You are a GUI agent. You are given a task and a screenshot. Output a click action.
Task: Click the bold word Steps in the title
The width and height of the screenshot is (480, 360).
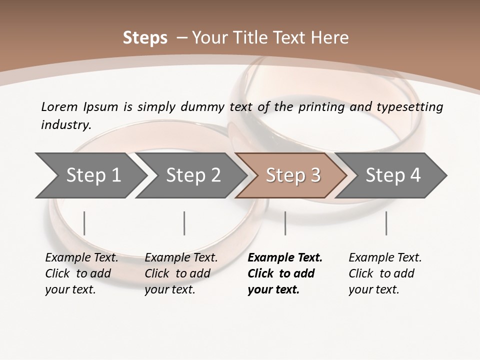(145, 38)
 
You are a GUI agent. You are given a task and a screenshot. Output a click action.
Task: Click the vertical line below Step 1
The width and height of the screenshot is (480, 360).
(84, 223)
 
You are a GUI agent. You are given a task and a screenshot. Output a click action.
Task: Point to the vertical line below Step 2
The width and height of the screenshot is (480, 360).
(184, 223)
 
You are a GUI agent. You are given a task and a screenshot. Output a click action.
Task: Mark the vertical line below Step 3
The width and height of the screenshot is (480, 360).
(285, 223)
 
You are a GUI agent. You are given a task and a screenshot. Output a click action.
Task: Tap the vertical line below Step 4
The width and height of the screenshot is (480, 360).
(386, 223)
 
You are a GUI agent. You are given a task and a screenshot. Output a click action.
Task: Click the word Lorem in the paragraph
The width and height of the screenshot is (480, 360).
(59, 106)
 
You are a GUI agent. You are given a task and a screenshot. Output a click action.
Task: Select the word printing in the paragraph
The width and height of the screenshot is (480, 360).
(320, 106)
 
